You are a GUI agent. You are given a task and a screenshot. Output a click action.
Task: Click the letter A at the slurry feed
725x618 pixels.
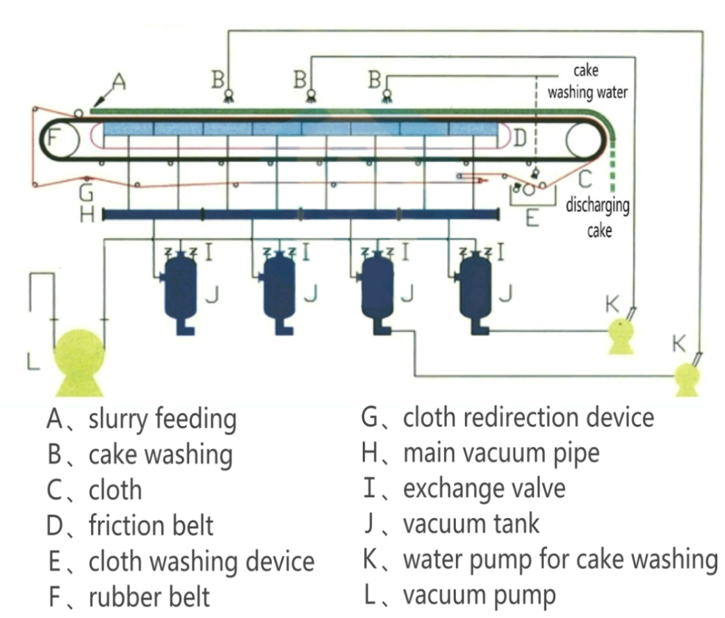pos(119,83)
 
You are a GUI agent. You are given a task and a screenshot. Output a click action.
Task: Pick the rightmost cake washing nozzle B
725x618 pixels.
pos(385,97)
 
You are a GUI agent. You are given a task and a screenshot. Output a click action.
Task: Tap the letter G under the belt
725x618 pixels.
pos(86,191)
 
